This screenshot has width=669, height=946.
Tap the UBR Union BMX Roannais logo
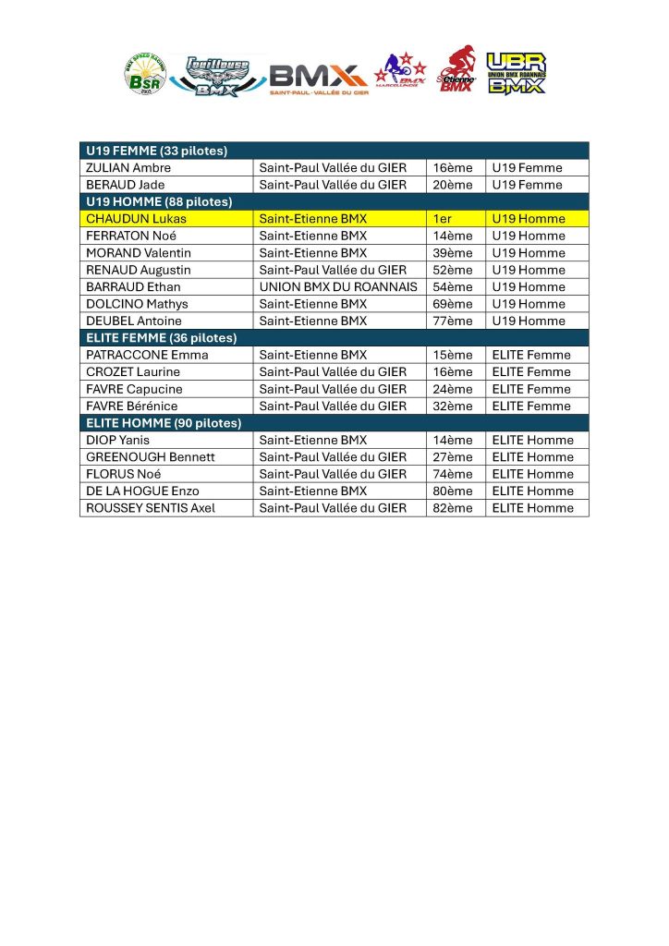[516, 73]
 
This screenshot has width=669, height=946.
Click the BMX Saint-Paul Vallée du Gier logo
[317, 79]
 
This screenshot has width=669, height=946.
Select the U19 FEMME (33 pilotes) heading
[157, 151]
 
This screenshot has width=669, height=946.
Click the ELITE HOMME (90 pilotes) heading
[164, 423]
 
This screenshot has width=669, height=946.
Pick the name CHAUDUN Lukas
[136, 219]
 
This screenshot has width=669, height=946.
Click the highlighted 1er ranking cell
[443, 219]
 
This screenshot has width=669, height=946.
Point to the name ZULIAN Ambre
[128, 168]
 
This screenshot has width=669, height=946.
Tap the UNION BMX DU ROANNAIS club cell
[337, 287]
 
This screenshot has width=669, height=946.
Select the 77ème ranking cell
[452, 321]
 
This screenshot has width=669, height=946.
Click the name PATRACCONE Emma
[147, 355]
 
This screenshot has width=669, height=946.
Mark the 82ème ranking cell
[452, 508]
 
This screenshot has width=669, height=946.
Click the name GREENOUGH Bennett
[151, 457]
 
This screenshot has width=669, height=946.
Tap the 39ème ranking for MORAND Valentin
[452, 253]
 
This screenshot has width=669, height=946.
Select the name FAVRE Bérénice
[132, 406]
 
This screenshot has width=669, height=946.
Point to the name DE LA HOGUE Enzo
[142, 491]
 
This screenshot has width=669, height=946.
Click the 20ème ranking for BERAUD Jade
[452, 185]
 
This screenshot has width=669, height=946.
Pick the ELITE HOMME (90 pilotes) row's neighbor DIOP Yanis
[117, 441]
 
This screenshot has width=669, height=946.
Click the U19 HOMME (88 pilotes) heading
[159, 201]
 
